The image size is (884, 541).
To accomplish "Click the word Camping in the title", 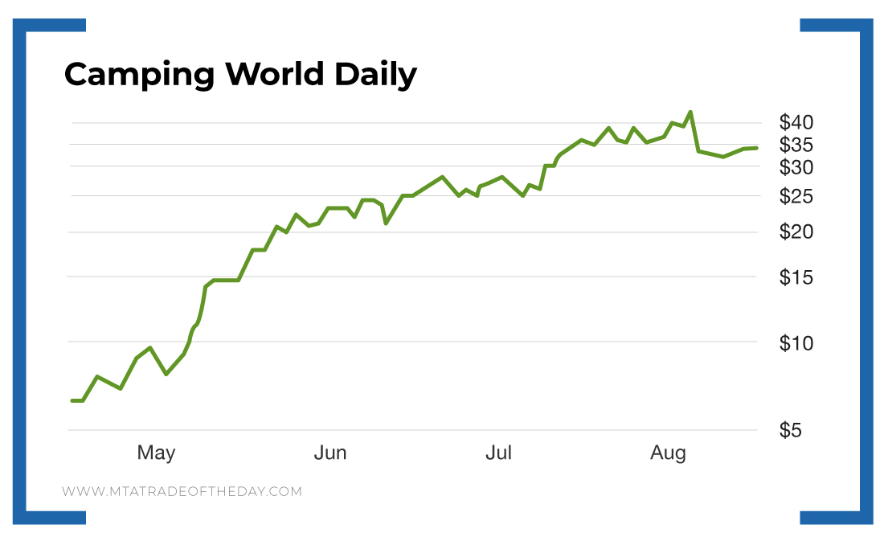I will (139, 75).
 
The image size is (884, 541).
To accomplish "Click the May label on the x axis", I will (156, 453).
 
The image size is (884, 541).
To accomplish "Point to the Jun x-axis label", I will (330, 453).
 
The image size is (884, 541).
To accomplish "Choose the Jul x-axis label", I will (498, 453).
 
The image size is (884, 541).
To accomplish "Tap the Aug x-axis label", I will (669, 453).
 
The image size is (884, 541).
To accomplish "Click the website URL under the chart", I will (182, 491).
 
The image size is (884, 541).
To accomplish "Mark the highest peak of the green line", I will (690, 113).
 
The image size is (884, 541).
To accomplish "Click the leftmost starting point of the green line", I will (72, 400).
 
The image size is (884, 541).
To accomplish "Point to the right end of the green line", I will (756, 148).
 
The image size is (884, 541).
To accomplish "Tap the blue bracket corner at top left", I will (32, 26).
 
